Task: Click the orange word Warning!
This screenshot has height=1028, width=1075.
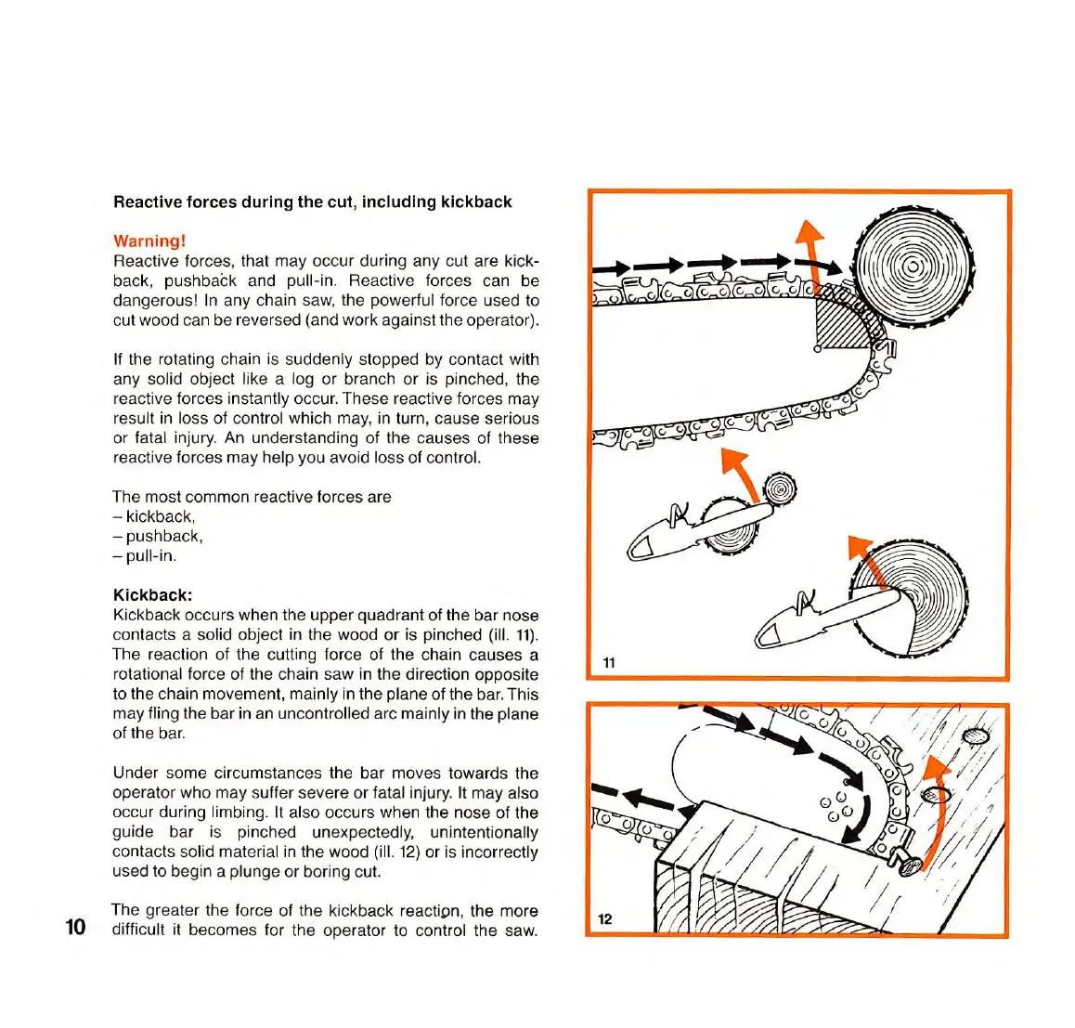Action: (x=149, y=241)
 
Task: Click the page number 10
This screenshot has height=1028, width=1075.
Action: (x=75, y=927)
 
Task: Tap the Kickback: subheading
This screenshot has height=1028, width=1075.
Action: (x=152, y=595)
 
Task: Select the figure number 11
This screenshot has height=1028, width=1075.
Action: (x=609, y=662)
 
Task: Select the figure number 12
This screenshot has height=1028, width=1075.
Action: (x=605, y=918)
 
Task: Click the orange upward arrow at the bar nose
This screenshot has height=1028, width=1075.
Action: (x=812, y=245)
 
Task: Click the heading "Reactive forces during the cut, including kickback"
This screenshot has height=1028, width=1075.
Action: (x=312, y=202)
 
